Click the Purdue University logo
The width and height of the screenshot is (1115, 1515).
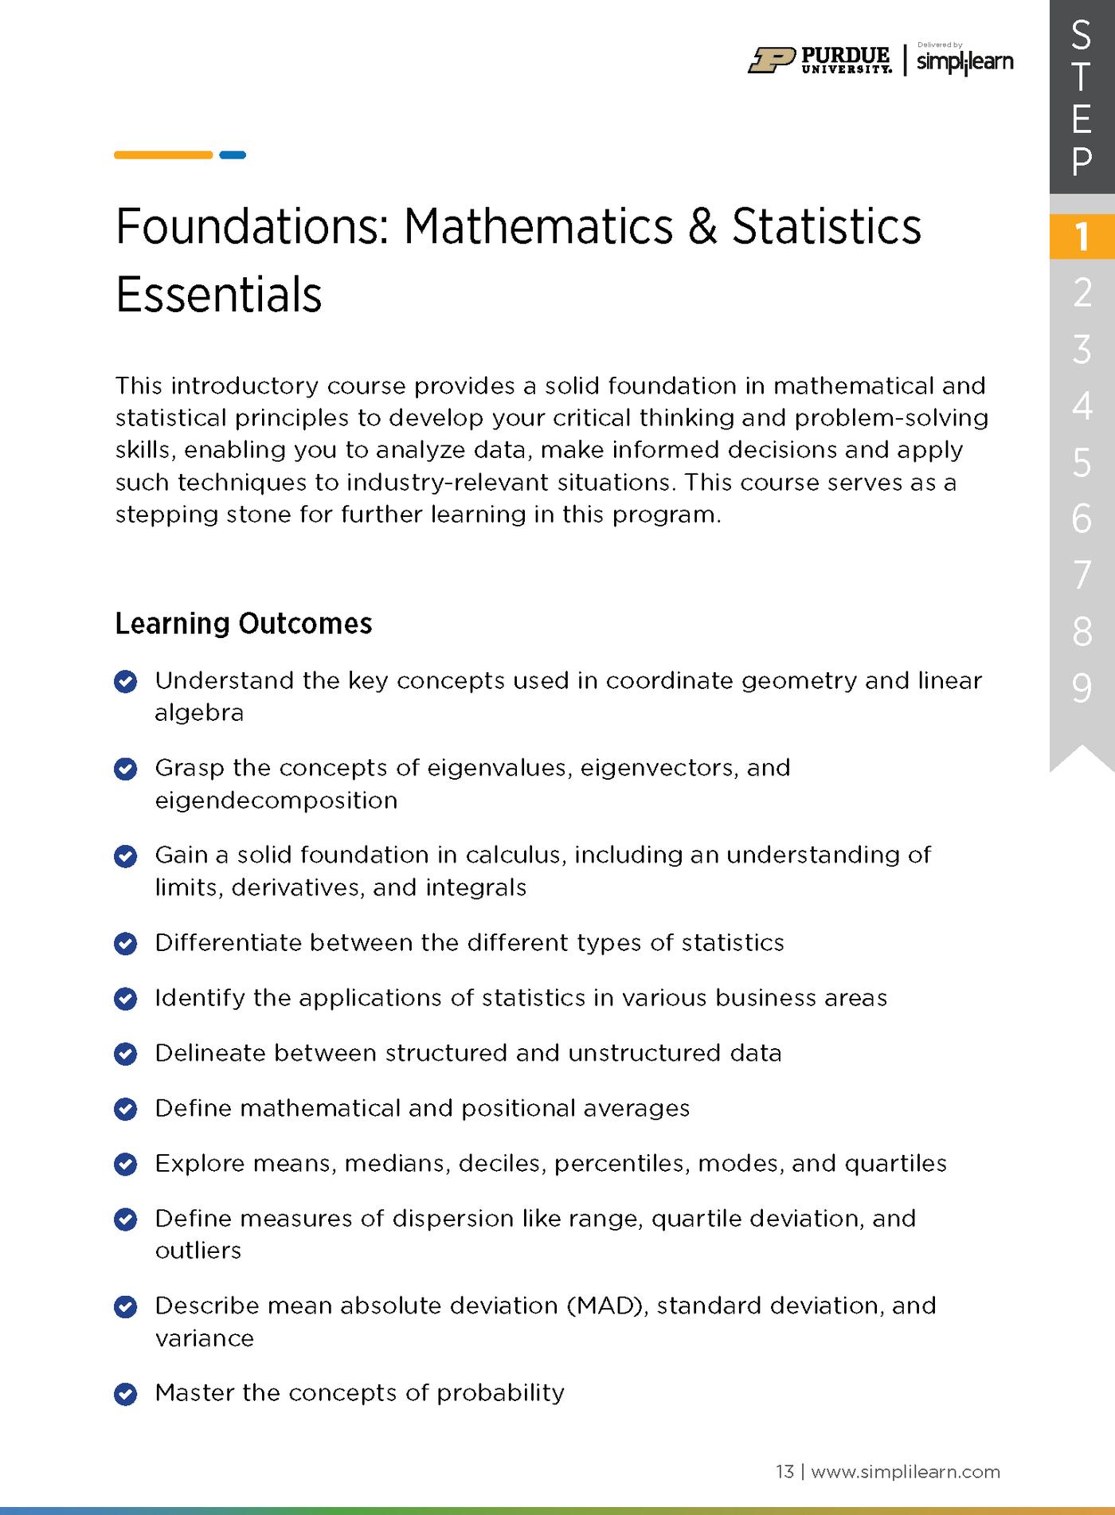pyautogui.click(x=820, y=60)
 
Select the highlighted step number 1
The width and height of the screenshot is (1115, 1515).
pyautogui.click(x=1081, y=237)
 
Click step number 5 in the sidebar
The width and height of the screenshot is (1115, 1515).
pyautogui.click(x=1081, y=463)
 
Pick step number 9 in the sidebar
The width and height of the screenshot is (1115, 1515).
pyautogui.click(x=1081, y=688)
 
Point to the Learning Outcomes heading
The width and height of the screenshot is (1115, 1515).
pyautogui.click(x=244, y=623)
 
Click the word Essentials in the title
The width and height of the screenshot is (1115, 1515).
pyautogui.click(x=219, y=295)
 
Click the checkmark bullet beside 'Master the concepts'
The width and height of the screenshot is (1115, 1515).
pyautogui.click(x=126, y=1394)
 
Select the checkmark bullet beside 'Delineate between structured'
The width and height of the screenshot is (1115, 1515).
pyautogui.click(x=126, y=1054)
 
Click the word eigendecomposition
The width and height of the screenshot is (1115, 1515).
pyautogui.click(x=276, y=800)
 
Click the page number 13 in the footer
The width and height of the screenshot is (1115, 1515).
pyautogui.click(x=784, y=1471)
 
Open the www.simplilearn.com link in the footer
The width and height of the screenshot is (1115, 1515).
pyautogui.click(x=905, y=1471)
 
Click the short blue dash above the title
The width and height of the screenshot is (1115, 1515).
pyautogui.click(x=233, y=155)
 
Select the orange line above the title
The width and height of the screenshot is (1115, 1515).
pyautogui.click(x=163, y=155)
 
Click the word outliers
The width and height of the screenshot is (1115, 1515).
pyautogui.click(x=198, y=1251)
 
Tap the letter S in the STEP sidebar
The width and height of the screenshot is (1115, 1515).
pyautogui.click(x=1081, y=34)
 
